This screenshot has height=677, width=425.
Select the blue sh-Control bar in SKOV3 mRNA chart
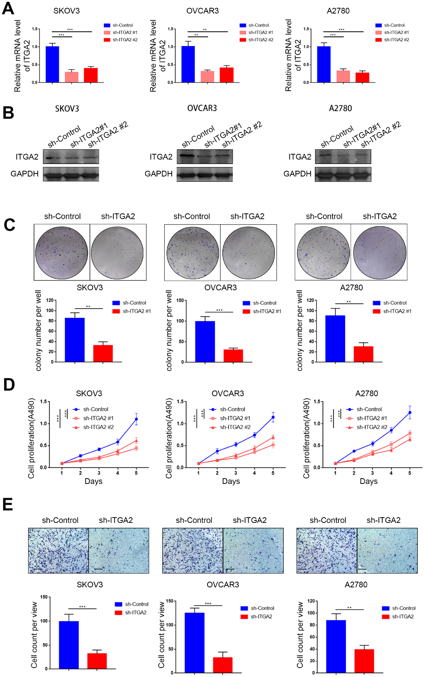point(52,64)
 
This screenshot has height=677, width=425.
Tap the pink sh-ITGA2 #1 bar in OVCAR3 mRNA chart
point(207,77)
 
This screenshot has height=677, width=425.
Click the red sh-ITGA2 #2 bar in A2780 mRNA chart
point(362,77)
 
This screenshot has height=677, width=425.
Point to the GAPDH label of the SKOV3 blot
point(24,174)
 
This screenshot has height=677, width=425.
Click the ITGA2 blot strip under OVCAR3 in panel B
point(205,156)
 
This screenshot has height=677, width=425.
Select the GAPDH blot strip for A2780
point(343,174)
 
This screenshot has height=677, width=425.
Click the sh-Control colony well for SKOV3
point(62,253)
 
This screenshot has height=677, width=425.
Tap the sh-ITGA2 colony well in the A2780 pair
point(379,253)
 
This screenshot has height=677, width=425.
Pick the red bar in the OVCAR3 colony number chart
point(233,355)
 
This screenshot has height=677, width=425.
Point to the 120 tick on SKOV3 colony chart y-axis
point(50,300)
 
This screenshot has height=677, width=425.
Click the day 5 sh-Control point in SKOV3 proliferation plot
point(136,419)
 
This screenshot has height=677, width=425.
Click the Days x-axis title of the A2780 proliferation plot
point(368,481)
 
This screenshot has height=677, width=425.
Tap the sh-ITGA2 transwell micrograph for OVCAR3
point(253,550)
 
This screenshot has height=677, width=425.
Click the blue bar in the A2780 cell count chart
point(336,646)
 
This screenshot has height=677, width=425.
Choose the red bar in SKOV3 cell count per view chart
point(97,661)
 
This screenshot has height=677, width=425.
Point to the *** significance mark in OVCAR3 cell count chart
point(208,604)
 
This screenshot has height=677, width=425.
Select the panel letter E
point(7,504)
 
